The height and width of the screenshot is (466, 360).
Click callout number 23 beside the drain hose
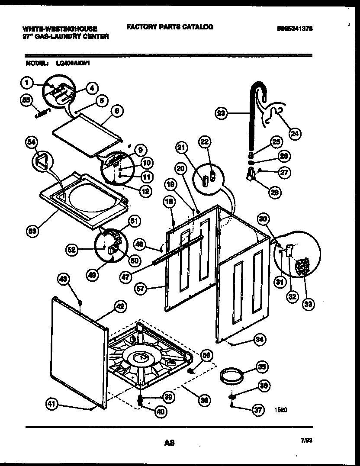221,114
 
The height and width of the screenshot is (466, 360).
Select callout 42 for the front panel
121,306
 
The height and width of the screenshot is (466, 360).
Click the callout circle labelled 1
27,81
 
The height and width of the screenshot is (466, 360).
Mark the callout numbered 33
308,304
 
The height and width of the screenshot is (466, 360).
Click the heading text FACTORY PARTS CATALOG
170,27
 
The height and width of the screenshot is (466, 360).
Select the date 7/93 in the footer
306,440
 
